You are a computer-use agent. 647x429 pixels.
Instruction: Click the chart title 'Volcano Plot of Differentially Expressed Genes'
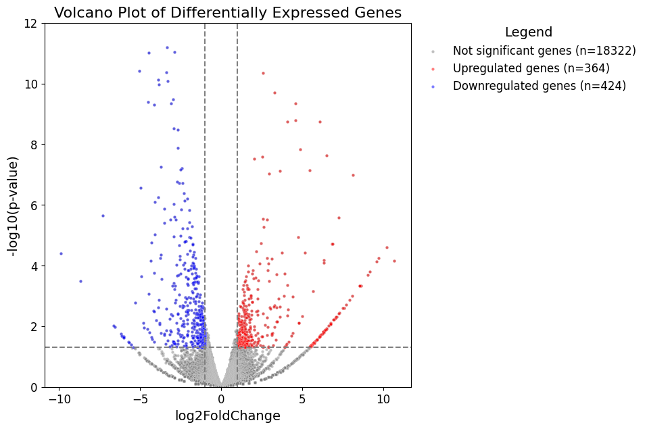tap(228, 12)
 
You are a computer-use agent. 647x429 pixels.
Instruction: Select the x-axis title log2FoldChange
tap(228, 416)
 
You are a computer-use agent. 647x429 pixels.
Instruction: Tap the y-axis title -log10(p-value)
tap(13, 205)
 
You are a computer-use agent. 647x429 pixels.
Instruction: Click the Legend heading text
tap(528, 32)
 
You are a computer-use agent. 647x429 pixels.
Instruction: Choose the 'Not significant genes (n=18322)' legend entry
tap(544, 51)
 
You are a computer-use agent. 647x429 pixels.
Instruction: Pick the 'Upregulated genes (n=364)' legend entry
tap(531, 68)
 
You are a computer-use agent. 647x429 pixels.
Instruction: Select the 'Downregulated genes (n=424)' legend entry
tap(539, 86)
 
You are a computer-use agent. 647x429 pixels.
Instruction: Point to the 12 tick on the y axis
tap(31, 23)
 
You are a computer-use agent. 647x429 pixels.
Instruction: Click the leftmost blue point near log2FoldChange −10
tap(61, 253)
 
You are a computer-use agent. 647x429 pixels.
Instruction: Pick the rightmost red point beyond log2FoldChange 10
tap(394, 261)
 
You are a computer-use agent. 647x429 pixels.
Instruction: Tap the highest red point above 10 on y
tap(263, 73)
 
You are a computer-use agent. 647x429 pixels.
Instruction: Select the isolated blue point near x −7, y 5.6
tap(103, 216)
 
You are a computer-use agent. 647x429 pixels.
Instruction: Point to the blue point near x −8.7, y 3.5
tap(80, 281)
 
